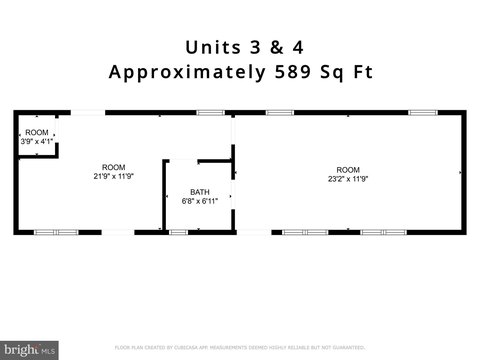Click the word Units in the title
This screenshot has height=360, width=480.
click(211, 47)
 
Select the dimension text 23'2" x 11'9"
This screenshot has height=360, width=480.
click(347, 180)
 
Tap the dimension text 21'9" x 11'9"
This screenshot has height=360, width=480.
click(113, 177)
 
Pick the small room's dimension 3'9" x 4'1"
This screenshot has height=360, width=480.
click(36, 141)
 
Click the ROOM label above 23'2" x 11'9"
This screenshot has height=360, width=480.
click(347, 170)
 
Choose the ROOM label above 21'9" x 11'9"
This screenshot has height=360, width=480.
click(113, 167)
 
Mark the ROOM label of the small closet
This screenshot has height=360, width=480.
click(36, 132)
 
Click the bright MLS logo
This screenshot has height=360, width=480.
click(29, 350)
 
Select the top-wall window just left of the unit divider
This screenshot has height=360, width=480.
click(210, 112)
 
